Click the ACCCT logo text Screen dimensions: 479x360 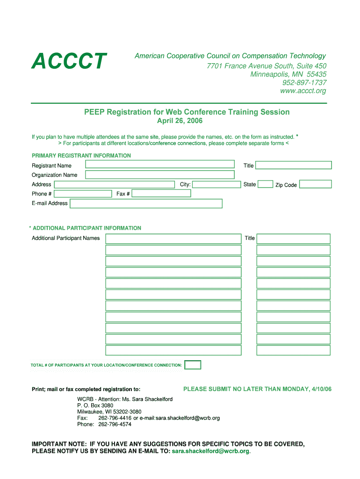[x=69, y=61]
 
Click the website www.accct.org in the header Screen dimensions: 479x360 [x=303, y=91]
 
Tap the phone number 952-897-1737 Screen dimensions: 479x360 [x=304, y=83]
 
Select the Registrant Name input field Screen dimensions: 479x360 [x=159, y=164]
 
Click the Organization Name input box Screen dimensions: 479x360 [x=159, y=174]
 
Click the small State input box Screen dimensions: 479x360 [x=266, y=184]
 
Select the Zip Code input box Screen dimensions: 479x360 [x=315, y=184]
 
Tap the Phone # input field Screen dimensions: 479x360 [x=83, y=194]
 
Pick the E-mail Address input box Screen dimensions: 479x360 [x=146, y=203]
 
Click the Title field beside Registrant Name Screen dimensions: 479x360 [x=293, y=165]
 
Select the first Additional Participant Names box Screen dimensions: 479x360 [x=173, y=239]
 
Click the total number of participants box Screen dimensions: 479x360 [x=193, y=365]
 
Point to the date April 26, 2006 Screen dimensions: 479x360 [x=180, y=121]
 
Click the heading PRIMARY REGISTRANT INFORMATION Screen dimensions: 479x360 [x=81, y=156]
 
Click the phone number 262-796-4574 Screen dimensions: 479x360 [x=115, y=424]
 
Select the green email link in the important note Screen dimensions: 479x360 [x=210, y=451]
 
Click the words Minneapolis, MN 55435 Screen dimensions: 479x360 [x=288, y=74]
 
